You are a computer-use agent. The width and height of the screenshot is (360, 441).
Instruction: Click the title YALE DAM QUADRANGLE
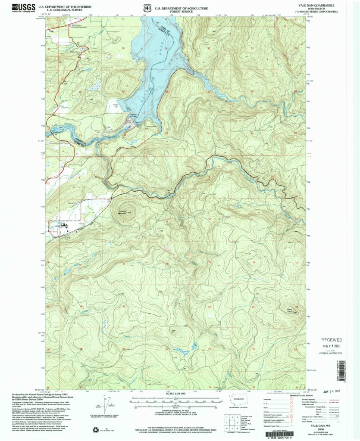pyautogui.click(x=321, y=6)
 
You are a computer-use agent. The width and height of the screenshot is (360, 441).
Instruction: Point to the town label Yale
pyautogui.click(x=51, y=31)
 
